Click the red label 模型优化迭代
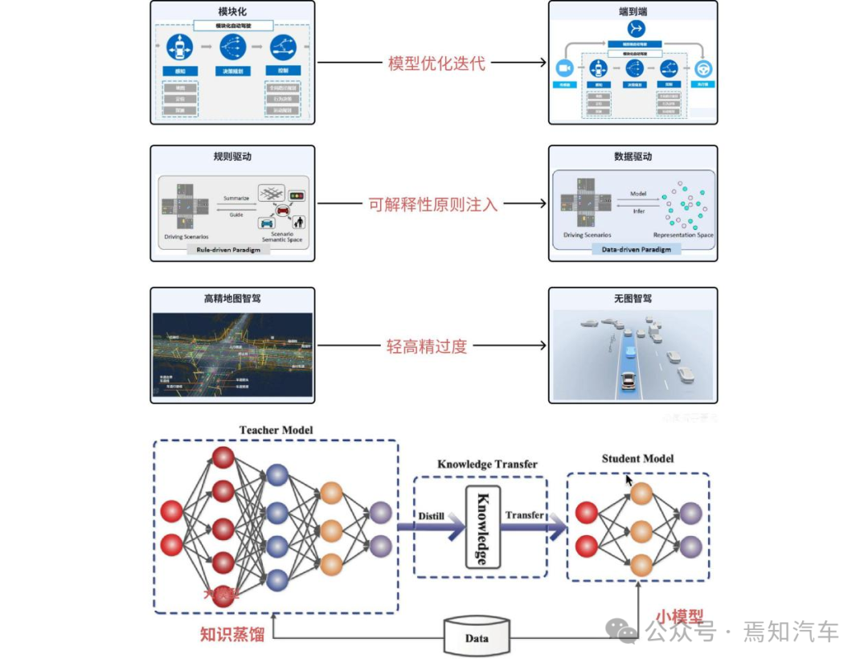[436, 63]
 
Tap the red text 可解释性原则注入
[433, 204]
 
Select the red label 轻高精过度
[426, 346]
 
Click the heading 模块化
[232, 12]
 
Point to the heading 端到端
[633, 12]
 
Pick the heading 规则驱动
[232, 157]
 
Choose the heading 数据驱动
[633, 157]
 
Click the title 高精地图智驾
[232, 299]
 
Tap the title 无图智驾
[633, 299]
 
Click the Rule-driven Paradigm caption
[233, 250]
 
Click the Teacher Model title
[276, 430]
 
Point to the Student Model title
[637, 459]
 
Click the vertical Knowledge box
[482, 526]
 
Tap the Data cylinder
[477, 637]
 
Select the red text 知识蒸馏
[232, 633]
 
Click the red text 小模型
[679, 617]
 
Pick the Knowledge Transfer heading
[487, 464]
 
